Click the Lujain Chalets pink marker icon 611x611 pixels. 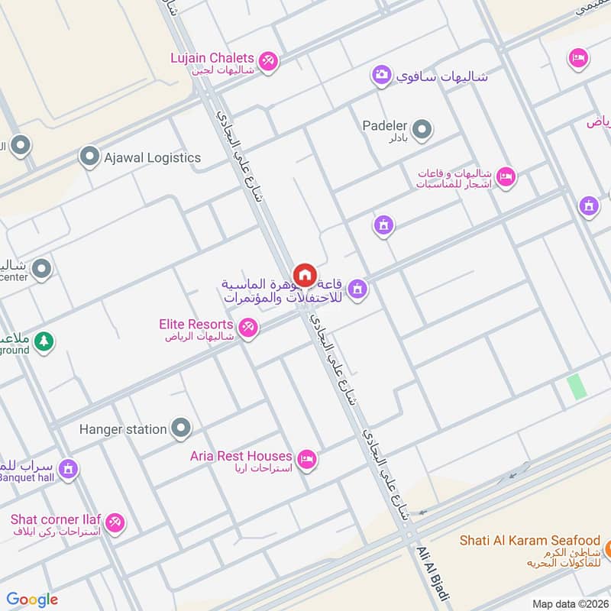(x=267, y=60)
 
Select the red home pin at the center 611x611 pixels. (x=305, y=274)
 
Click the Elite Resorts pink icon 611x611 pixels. (x=247, y=329)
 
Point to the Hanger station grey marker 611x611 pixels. (x=181, y=428)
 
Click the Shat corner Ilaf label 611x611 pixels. (x=56, y=519)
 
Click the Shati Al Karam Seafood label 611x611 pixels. (x=529, y=540)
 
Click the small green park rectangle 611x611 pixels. (x=577, y=386)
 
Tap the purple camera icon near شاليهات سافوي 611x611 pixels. (x=381, y=75)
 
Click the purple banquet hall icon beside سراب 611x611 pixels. (x=68, y=467)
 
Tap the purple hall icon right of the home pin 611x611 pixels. (x=357, y=289)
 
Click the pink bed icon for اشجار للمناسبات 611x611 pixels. (x=506, y=177)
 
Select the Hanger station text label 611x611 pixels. (x=123, y=429)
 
